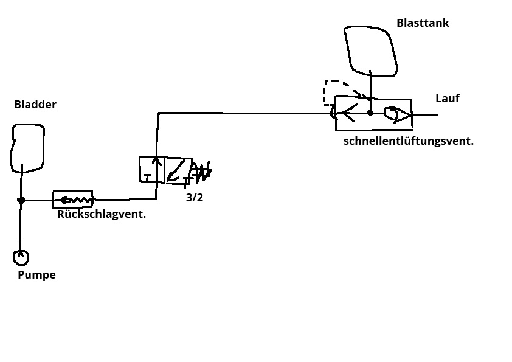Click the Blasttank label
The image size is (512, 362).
423,23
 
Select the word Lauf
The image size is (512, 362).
448,99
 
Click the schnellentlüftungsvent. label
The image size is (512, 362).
409,141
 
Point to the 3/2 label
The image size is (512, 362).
195,198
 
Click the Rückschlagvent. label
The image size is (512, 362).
102,214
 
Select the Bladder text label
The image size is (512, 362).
35,105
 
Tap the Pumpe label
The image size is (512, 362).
36,275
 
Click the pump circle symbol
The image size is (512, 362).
21,258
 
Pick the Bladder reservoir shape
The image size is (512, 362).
28,147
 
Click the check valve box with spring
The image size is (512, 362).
73,199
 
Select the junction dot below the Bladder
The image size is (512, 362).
21,200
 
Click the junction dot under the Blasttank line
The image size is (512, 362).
370,113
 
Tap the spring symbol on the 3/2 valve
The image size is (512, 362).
202,172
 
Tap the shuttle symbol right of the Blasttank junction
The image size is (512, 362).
397,114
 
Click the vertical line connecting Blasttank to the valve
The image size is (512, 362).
370,85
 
